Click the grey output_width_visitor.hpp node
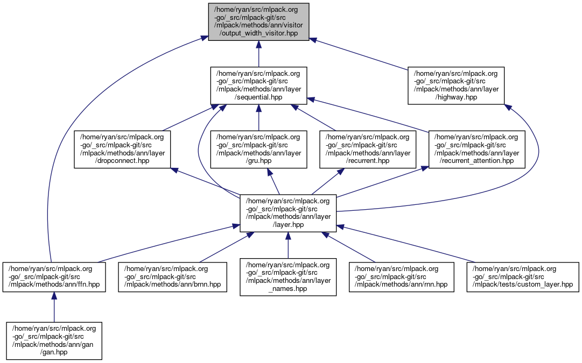coord(259,22)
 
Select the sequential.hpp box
coord(258,86)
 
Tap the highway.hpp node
coord(456,86)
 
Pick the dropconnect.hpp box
coord(122,150)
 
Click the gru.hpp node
coord(258,150)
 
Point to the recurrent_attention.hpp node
coord(476,150)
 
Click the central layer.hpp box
coord(288,213)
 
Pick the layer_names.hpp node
coord(288,276)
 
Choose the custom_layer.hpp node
coord(522,276)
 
